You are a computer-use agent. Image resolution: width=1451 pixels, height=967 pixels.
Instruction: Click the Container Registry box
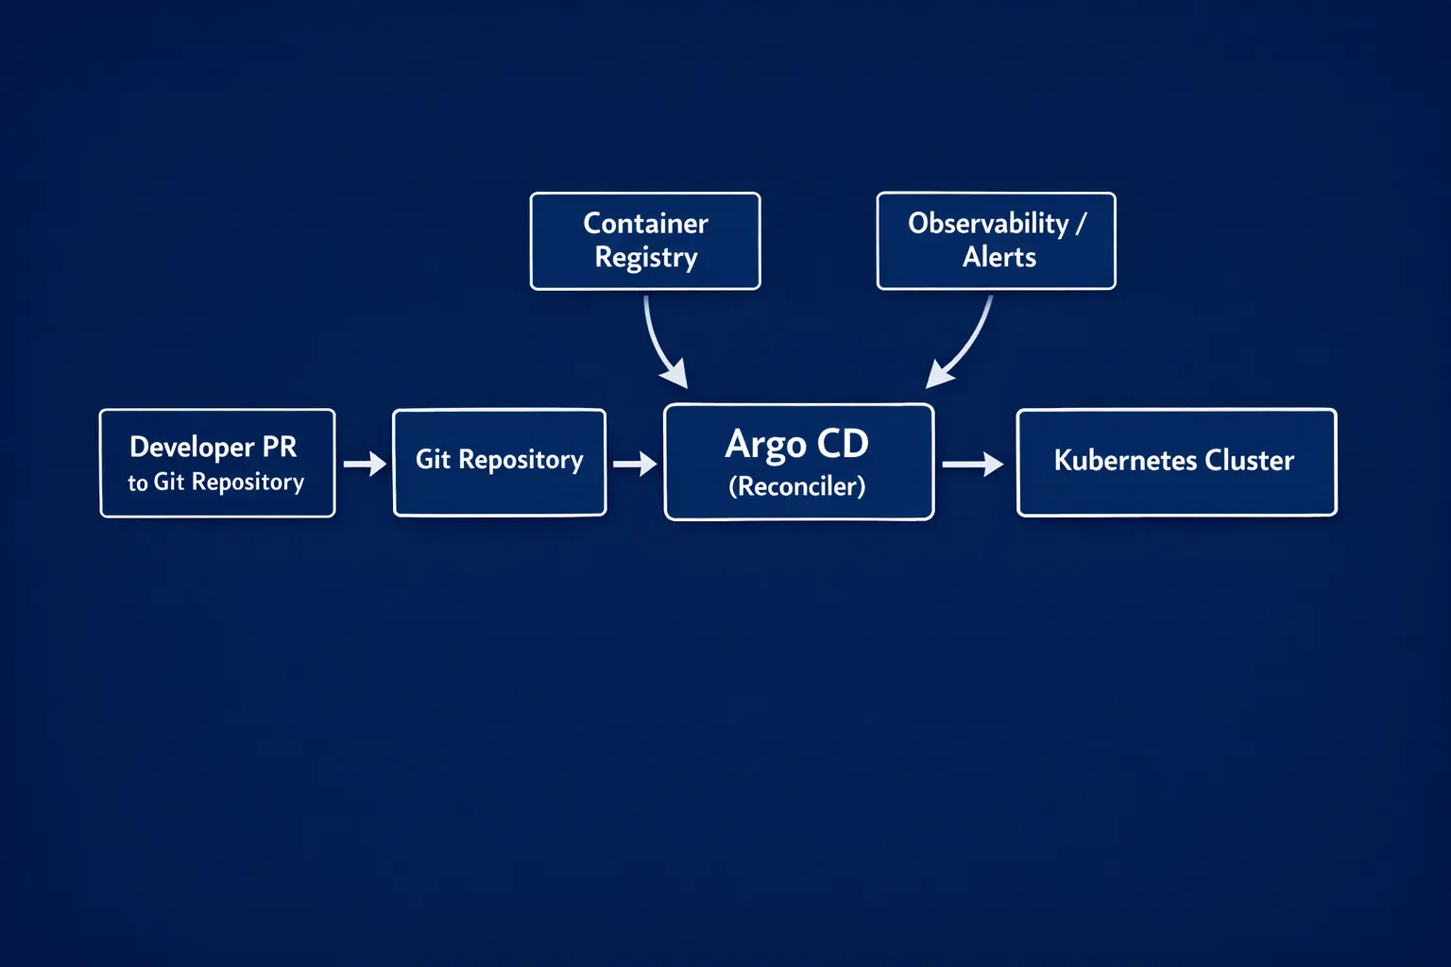point(645,241)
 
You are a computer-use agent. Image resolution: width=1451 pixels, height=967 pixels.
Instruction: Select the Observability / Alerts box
point(996,241)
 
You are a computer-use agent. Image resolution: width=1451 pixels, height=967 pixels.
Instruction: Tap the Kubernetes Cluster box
point(1176,462)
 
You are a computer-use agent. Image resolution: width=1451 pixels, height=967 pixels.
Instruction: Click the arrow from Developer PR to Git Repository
point(364,464)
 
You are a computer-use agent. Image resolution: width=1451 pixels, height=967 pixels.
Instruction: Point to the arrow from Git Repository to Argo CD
point(634,464)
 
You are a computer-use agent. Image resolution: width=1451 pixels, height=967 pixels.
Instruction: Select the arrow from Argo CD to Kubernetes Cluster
point(972,464)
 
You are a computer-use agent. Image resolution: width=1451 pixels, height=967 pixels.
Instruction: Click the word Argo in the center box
point(765,445)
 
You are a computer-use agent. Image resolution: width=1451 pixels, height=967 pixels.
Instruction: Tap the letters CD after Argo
point(842,444)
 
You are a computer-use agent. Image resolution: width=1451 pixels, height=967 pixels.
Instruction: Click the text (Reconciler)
point(796,486)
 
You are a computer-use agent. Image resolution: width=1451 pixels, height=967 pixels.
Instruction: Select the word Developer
point(192,447)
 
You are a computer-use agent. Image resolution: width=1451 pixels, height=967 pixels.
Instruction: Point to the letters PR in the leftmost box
point(280,446)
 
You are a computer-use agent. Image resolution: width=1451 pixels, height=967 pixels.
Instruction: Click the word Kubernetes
point(1124,460)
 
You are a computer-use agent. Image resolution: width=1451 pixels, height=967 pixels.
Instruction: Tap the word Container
point(645,224)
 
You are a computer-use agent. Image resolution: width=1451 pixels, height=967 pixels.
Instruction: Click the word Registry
point(646,258)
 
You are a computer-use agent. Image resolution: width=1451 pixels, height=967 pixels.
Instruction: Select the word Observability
point(988,224)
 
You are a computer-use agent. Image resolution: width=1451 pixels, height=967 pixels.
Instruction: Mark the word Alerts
point(999,257)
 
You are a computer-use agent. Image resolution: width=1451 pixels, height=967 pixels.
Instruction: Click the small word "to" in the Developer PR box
point(138,483)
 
